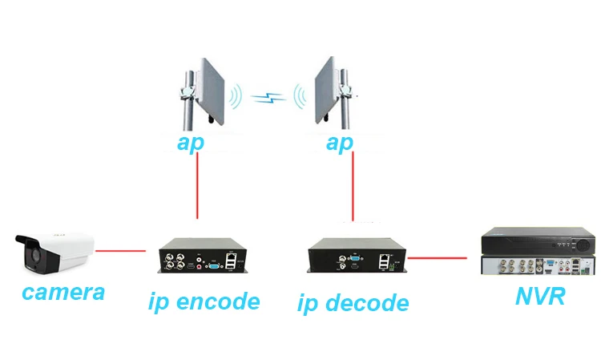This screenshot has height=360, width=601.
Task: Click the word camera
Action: tap(63, 292)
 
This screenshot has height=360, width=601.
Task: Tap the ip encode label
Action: tap(204, 301)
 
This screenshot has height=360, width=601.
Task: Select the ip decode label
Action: tap(353, 303)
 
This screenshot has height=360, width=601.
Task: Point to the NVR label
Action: tap(540, 296)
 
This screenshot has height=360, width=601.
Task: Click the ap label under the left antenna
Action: tap(191, 143)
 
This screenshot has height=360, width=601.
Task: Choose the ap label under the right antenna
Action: tap(340, 143)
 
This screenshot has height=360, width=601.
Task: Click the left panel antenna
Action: tap(203, 94)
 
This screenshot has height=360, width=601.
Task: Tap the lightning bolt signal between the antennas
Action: tap(268, 98)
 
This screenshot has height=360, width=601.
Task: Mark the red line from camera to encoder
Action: tap(120, 251)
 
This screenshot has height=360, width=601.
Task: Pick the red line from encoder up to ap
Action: tap(197, 185)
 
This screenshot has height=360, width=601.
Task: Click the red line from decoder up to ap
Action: tap(353, 186)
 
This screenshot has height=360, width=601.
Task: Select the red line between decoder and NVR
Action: tap(437, 258)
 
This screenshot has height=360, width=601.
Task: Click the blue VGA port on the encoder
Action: tap(215, 265)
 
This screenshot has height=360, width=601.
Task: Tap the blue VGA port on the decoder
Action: tap(356, 258)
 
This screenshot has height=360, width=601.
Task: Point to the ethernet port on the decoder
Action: tap(384, 257)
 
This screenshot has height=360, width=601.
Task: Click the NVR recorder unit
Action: tap(538, 252)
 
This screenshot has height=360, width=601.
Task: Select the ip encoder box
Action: tap(203, 255)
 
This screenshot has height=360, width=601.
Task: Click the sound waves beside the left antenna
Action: tap(236, 96)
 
